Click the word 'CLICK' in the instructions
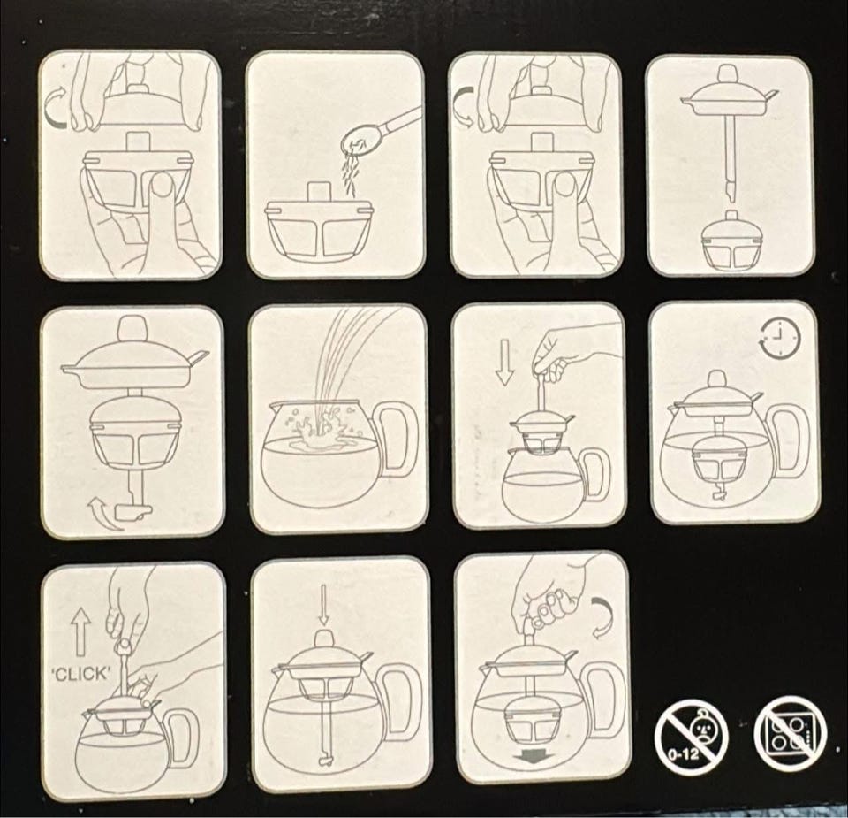coord(81,674)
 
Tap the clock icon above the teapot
coord(779,339)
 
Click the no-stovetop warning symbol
coord(791,734)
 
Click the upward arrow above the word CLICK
coord(80,631)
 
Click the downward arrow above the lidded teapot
coord(323,605)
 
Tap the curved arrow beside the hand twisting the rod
coord(602,617)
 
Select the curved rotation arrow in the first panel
coord(57,110)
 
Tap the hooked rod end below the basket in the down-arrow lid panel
coord(326,762)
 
